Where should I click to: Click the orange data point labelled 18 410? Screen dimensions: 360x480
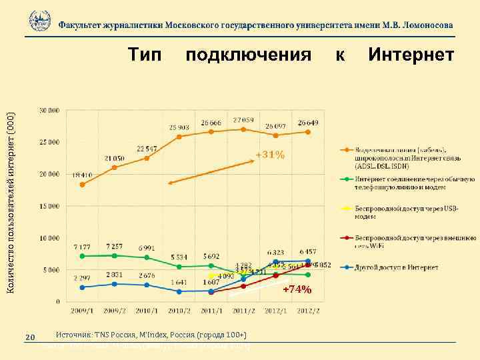point(82,185)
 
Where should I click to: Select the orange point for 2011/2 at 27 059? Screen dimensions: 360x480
point(243,129)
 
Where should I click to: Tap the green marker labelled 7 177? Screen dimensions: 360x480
point(82,256)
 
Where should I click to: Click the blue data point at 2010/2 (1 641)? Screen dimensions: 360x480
point(179,291)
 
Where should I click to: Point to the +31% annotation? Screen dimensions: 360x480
point(270,155)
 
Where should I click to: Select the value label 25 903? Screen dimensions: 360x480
point(179,127)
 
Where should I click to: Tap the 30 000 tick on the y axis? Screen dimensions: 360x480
point(49,110)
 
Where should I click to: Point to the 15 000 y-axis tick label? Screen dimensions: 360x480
point(49,206)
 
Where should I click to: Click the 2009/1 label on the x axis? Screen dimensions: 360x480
point(82,311)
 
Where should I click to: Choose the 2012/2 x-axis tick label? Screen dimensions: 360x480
point(307,311)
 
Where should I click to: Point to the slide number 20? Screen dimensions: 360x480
point(29,337)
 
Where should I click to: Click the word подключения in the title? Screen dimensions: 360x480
point(248,54)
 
